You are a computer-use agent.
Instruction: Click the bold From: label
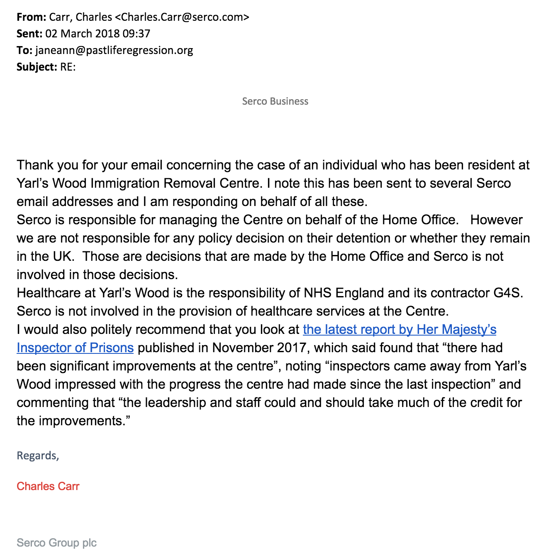pyautogui.click(x=31, y=17)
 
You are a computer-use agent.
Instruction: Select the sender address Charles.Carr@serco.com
pyautogui.click(x=182, y=17)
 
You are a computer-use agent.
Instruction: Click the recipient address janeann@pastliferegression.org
pyautogui.click(x=114, y=50)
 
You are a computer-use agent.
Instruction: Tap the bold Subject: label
pyautogui.click(x=37, y=67)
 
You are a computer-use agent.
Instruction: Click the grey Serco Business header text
pyautogui.click(x=275, y=101)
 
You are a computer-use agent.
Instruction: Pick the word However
pyautogui.click(x=496, y=220)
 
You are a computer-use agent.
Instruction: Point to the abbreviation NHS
pyautogui.click(x=317, y=293)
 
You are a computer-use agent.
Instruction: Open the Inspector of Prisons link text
pyautogui.click(x=75, y=348)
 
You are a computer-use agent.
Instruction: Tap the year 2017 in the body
pyautogui.click(x=292, y=348)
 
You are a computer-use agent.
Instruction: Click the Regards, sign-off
pyautogui.click(x=38, y=456)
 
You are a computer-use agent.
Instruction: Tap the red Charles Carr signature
pyautogui.click(x=48, y=486)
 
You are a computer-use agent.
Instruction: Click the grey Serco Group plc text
pyautogui.click(x=56, y=543)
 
